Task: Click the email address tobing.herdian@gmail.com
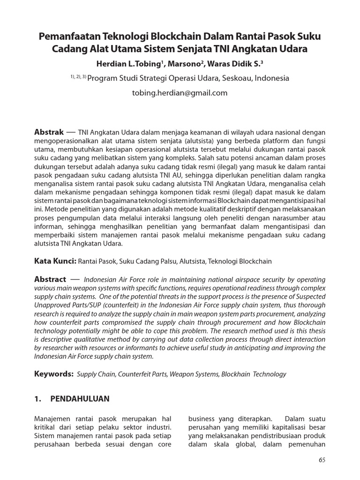(x=180, y=93)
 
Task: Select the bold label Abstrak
(x=49, y=133)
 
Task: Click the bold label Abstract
(x=50, y=279)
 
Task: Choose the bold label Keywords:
(x=54, y=374)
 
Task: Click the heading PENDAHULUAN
(x=80, y=399)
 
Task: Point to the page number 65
(x=322, y=460)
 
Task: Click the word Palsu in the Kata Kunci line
(x=158, y=261)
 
